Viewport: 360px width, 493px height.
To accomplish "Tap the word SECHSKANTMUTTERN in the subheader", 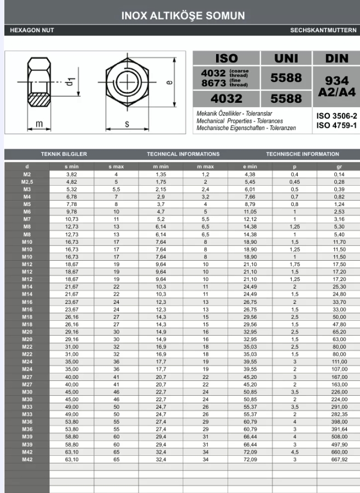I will click(323, 30).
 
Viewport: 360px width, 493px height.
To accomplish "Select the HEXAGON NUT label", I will click(32, 30).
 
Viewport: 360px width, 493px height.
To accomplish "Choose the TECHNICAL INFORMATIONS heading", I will click(183, 155).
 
